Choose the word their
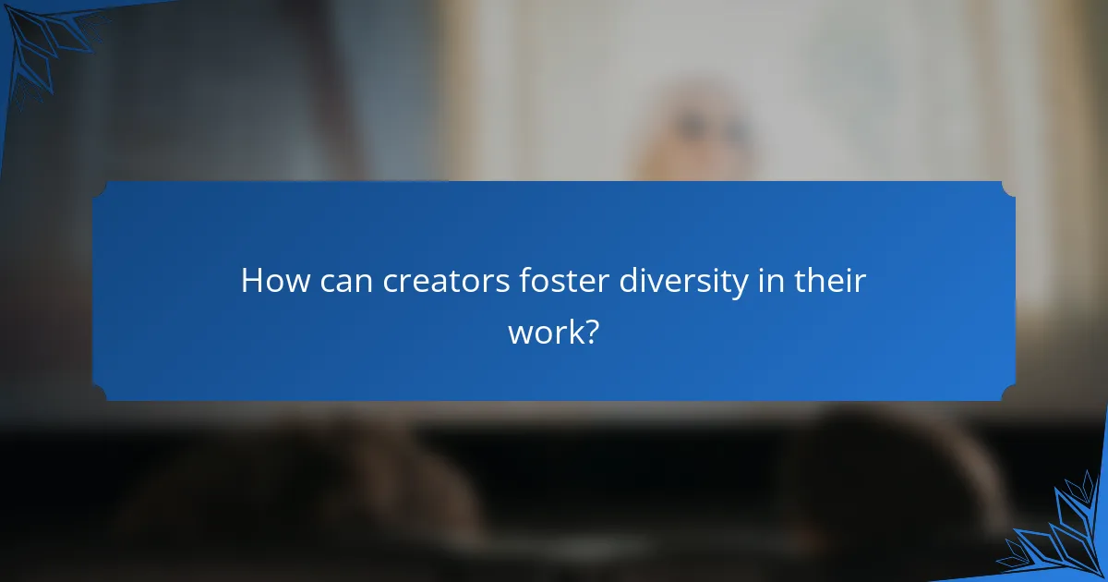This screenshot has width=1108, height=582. [828, 282]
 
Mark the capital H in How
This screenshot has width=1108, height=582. [252, 282]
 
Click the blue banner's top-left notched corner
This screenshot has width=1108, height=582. [100, 188]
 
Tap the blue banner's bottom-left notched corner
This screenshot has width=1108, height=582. [100, 394]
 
